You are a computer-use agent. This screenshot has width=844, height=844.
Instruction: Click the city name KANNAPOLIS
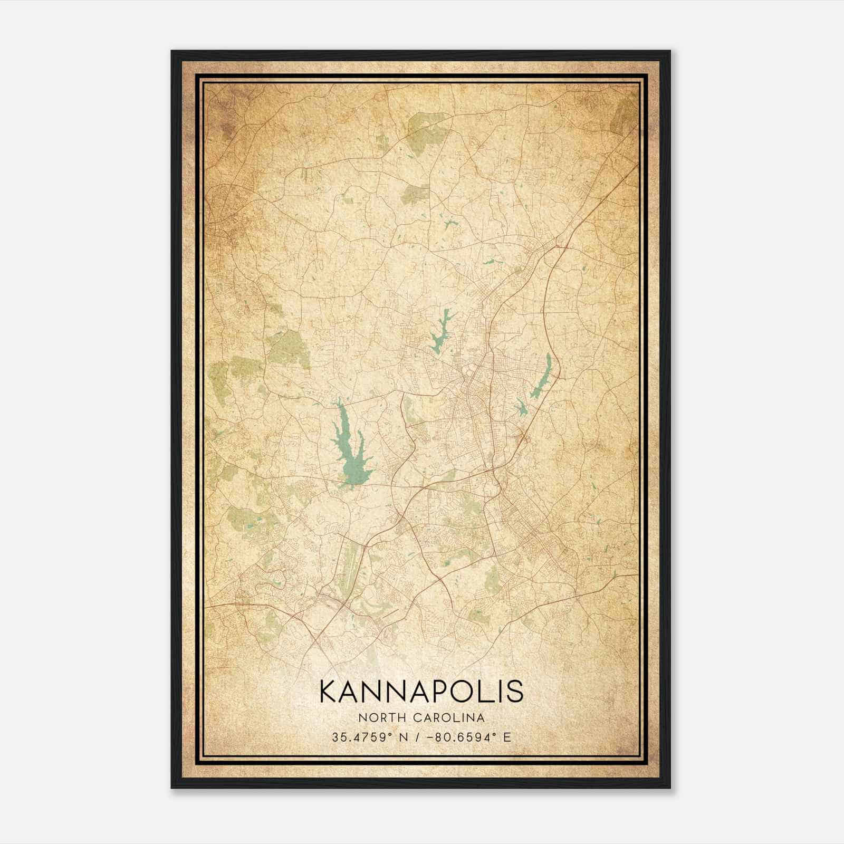click(421, 692)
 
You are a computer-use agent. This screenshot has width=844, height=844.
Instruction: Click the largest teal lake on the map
click(348, 448)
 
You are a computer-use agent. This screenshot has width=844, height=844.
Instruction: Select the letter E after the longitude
click(507, 737)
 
